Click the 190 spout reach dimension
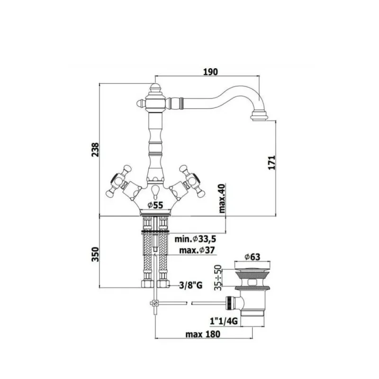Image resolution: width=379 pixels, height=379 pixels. click(210, 72)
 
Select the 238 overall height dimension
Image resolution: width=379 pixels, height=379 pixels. click(95, 150)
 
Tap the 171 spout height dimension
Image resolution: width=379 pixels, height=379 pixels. click(272, 162)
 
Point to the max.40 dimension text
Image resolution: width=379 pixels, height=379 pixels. click(222, 198)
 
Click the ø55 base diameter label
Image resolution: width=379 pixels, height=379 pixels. click(155, 205)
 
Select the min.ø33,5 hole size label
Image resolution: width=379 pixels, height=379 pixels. click(195, 239)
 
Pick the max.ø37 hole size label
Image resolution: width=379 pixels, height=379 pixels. click(197, 250)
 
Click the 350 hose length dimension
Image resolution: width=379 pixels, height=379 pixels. click(95, 254)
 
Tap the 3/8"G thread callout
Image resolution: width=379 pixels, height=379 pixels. click(191, 286)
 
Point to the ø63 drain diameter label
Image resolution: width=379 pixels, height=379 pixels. click(252, 257)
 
